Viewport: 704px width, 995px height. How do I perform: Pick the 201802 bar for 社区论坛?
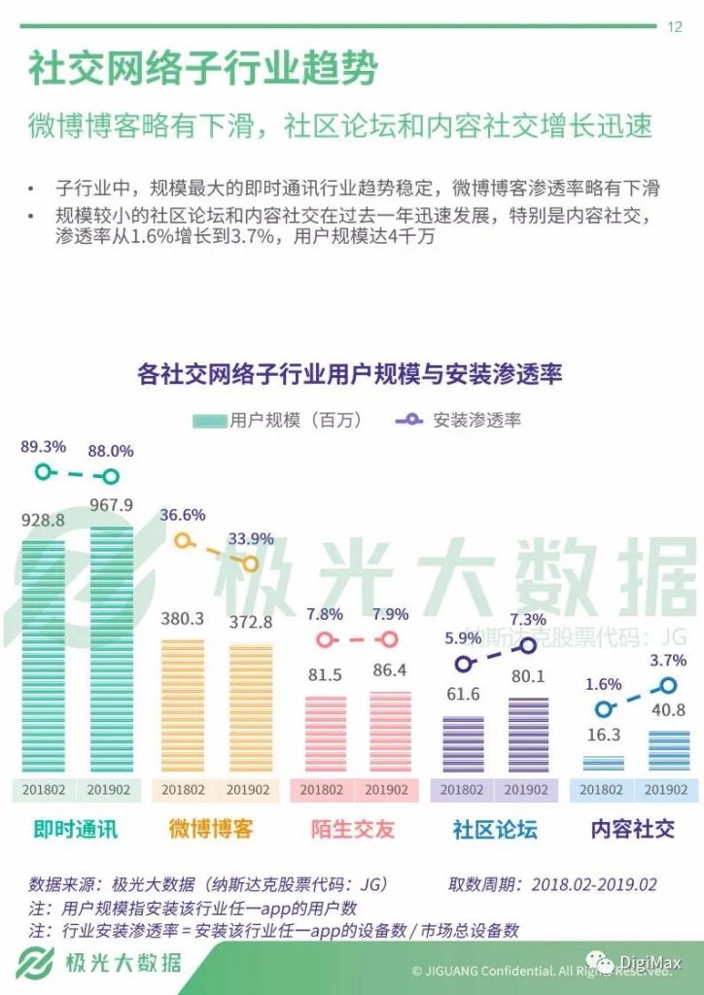pyautogui.click(x=464, y=747)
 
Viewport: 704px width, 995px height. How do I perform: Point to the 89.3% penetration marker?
pyautogui.click(x=42, y=472)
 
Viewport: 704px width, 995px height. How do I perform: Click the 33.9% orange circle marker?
pyautogui.click(x=251, y=563)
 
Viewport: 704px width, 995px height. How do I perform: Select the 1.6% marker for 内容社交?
pyautogui.click(x=604, y=709)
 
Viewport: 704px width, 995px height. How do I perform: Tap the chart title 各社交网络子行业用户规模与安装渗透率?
pyautogui.click(x=351, y=374)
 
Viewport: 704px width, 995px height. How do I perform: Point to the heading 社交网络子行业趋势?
pyautogui.click(x=202, y=70)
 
